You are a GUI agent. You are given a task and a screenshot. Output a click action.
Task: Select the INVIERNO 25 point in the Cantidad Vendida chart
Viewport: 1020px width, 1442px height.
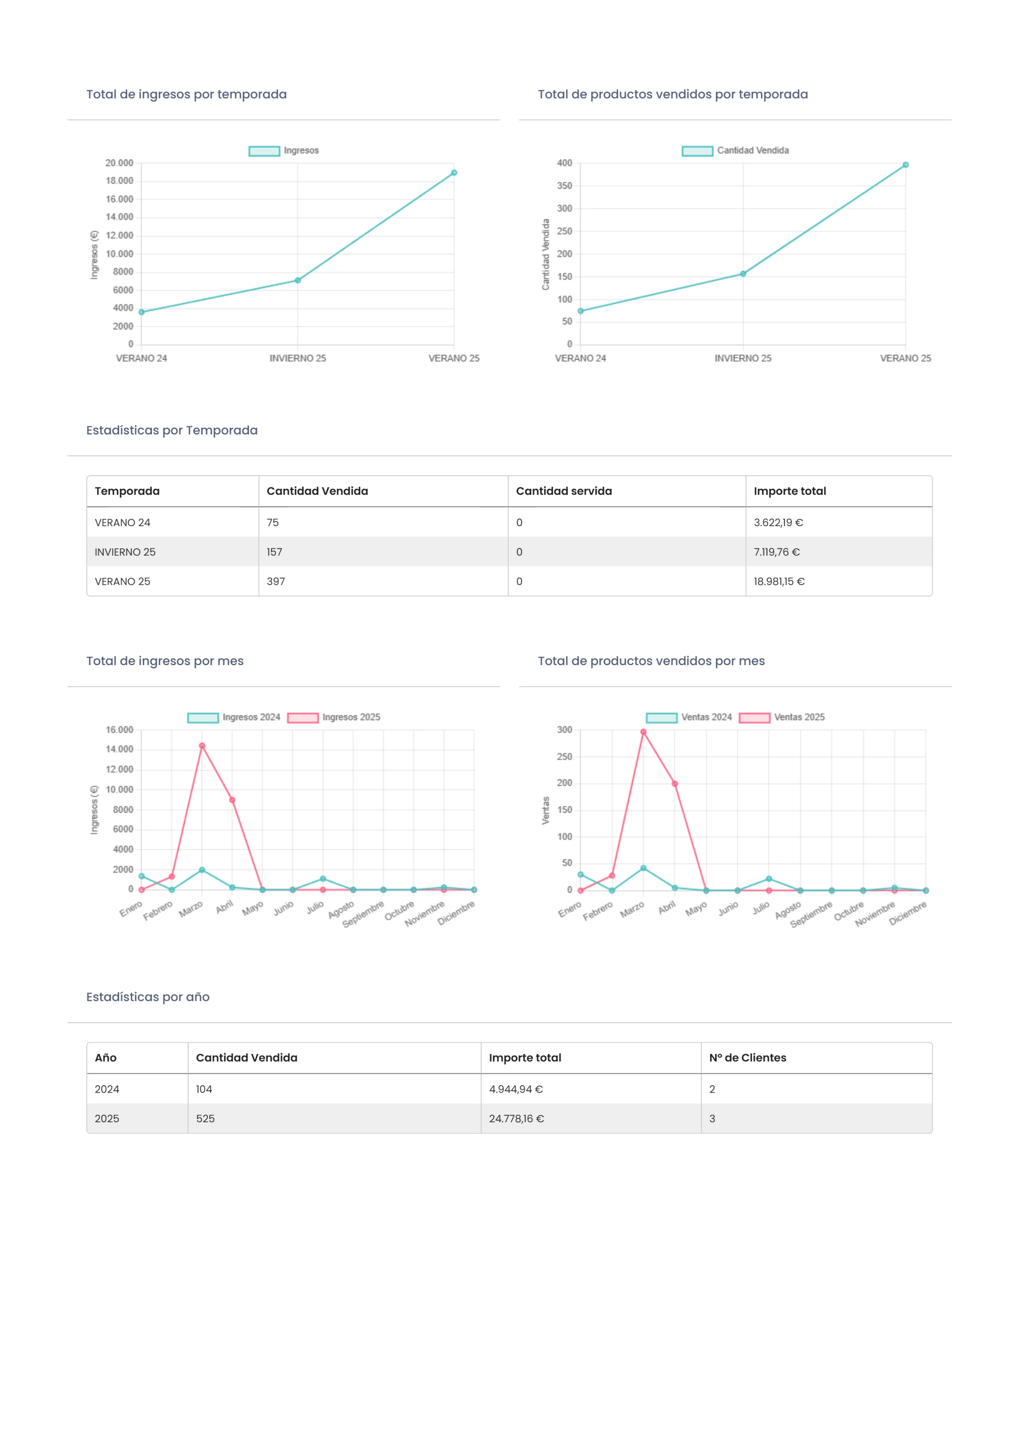click(x=743, y=274)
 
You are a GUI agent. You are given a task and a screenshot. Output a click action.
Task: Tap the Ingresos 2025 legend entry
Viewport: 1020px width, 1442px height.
click(x=334, y=717)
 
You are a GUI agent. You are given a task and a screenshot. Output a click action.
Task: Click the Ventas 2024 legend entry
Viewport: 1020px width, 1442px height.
click(x=689, y=717)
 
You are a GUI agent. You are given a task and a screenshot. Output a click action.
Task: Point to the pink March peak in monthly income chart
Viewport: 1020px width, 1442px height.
click(x=201, y=746)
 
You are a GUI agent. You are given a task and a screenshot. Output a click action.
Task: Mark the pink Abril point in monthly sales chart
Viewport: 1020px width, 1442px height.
click(x=675, y=784)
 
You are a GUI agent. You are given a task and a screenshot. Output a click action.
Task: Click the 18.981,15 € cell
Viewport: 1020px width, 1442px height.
click(x=779, y=582)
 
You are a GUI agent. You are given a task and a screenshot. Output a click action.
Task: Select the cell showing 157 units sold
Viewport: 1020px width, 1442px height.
click(x=275, y=552)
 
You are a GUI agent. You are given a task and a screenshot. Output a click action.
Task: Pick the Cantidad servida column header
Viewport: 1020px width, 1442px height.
click(x=563, y=491)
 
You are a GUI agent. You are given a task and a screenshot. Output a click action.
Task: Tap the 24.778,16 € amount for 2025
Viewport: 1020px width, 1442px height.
click(x=516, y=1118)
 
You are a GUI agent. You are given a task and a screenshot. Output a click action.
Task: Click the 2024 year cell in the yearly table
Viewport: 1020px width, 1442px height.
click(x=107, y=1089)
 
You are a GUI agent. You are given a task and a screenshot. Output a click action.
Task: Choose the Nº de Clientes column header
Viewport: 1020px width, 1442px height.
click(x=747, y=1058)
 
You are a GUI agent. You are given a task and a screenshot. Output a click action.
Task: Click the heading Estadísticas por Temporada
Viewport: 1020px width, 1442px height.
click(x=171, y=430)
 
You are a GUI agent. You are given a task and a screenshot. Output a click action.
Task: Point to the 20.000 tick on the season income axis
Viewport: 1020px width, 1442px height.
click(x=119, y=163)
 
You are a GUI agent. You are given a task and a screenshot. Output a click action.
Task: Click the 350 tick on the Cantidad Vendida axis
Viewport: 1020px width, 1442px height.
click(x=564, y=186)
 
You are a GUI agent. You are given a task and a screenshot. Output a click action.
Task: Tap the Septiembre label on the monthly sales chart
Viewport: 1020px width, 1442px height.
click(x=811, y=915)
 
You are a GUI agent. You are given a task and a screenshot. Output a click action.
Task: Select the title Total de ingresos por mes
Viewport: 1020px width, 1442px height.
click(x=164, y=661)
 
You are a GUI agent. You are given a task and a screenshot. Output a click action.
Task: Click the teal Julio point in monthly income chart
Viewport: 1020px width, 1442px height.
click(x=323, y=878)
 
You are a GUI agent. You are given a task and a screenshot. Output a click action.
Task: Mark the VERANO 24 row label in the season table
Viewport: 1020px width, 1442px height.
click(x=123, y=522)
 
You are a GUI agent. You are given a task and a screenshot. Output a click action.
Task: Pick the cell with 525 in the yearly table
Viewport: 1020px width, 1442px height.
click(x=206, y=1118)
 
